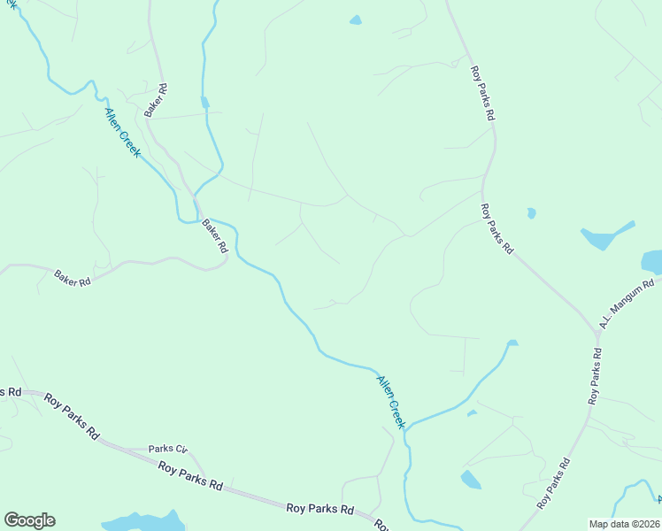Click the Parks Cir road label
coord(168,449)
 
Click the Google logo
coord(29,520)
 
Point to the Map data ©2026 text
coord(624,524)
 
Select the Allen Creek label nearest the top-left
coord(122,133)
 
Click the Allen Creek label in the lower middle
coord(390,402)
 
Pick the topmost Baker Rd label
coord(157,101)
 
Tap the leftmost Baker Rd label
coord(73,278)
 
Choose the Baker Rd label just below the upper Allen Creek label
coord(215,236)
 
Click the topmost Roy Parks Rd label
coord(482,92)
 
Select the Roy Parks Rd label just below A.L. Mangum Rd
coord(596,377)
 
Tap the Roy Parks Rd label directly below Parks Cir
coord(190,474)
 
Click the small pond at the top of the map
coord(356,19)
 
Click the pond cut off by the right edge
coord(652,262)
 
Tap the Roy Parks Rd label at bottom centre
coord(320,509)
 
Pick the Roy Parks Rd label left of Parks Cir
coord(72,416)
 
